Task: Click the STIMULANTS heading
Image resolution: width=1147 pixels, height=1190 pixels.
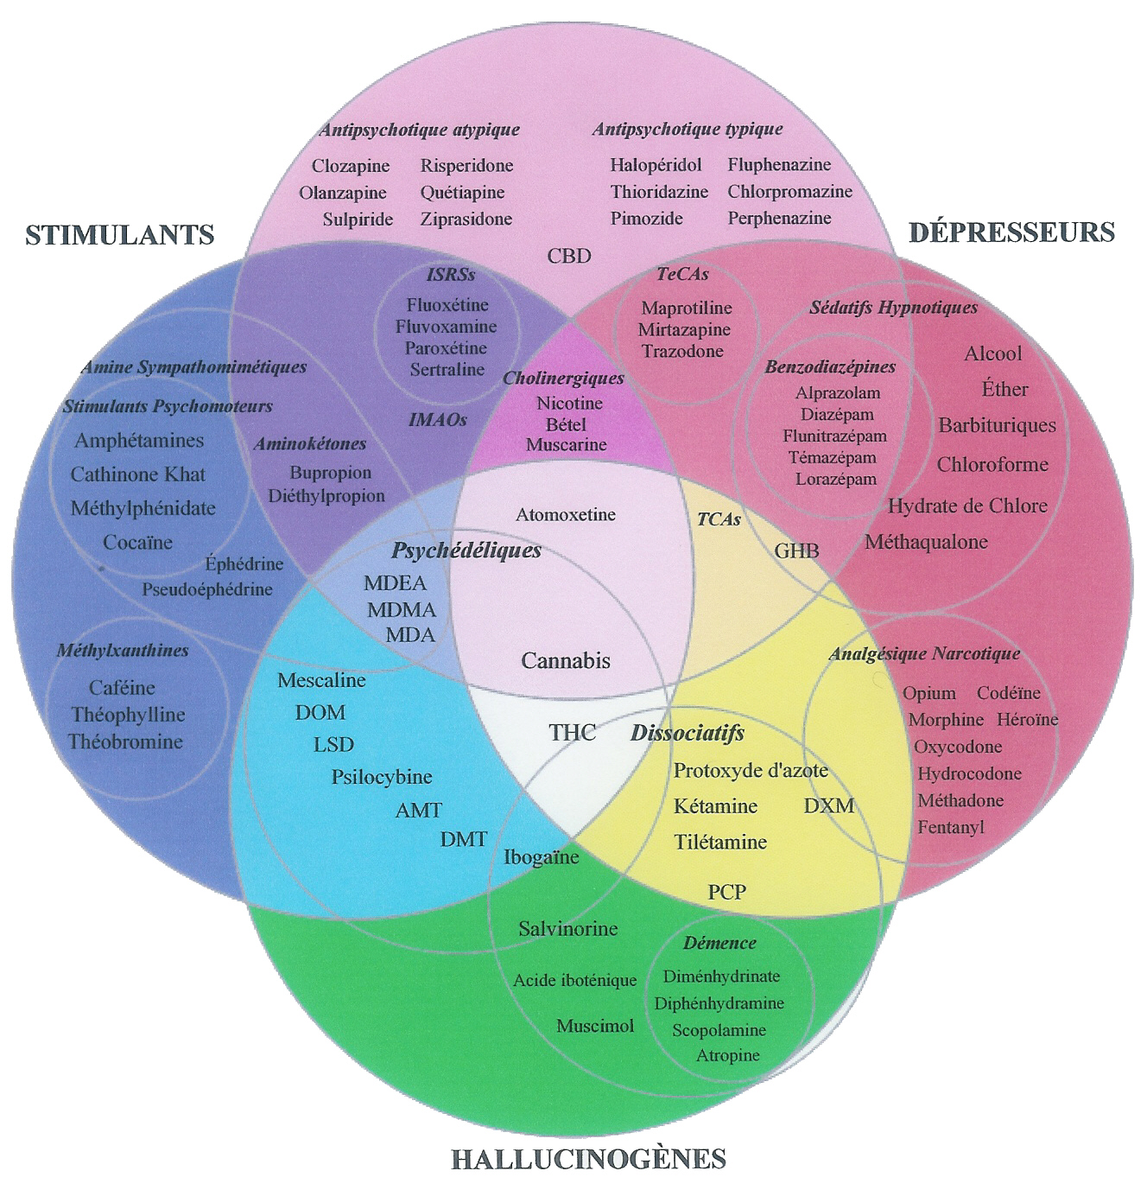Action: click(x=119, y=234)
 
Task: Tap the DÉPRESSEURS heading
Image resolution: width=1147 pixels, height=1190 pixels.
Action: click(x=1011, y=232)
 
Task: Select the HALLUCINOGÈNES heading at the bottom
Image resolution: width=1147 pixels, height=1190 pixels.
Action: click(x=588, y=1158)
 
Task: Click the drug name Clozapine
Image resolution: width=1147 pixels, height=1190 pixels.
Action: click(x=351, y=166)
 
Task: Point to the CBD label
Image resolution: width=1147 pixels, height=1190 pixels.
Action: click(x=569, y=256)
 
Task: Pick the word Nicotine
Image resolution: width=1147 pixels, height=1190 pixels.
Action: click(x=569, y=403)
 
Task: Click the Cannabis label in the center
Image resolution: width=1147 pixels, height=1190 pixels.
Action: click(x=566, y=661)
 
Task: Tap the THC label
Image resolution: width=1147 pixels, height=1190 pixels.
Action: click(x=572, y=733)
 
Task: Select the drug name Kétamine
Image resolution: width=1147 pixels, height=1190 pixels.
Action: click(x=715, y=806)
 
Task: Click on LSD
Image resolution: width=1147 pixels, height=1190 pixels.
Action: click(x=333, y=744)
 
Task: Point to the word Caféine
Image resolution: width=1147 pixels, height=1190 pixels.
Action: click(x=123, y=688)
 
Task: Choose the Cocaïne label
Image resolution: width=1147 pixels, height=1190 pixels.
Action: click(x=138, y=543)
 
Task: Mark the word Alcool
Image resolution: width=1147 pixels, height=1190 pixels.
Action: click(x=992, y=353)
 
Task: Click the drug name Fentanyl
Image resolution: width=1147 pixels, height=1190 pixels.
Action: click(x=950, y=827)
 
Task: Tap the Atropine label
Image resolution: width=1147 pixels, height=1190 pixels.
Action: click(x=728, y=1055)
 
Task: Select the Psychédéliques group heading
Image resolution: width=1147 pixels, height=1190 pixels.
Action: click(x=466, y=550)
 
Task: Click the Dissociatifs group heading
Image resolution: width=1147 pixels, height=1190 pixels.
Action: click(x=688, y=734)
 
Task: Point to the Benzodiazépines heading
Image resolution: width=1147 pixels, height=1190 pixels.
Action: click(x=830, y=366)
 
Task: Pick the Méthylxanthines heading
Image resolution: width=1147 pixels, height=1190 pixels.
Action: click(x=123, y=651)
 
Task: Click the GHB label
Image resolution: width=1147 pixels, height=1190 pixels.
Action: click(x=796, y=550)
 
